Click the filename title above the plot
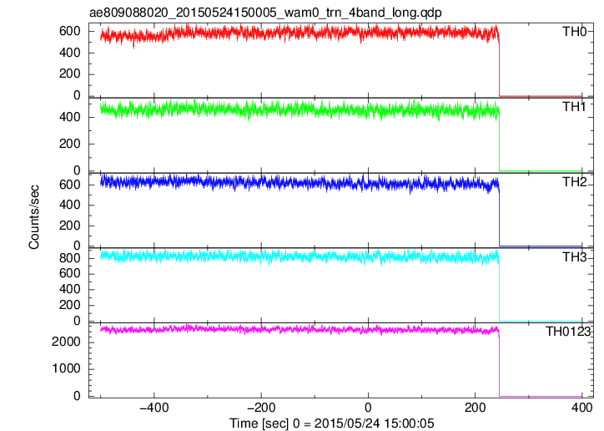tap(265, 13)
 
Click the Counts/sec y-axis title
tap(34, 217)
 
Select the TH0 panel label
tap(574, 31)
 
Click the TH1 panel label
tap(574, 107)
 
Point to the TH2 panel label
tap(574, 182)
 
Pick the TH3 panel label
tap(574, 257)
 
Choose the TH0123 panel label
tap(568, 332)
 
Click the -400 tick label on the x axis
tap(154, 408)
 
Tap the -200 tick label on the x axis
tap(261, 408)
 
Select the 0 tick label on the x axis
tap(368, 408)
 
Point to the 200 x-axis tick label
tap(475, 408)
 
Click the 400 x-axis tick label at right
tap(581, 408)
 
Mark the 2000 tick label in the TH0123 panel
tap(67, 342)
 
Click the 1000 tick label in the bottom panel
tap(67, 369)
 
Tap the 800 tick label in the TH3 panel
tap(70, 258)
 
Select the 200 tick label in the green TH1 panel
tap(70, 144)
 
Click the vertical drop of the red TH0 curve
tap(499, 68)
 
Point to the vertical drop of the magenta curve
tap(499, 366)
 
